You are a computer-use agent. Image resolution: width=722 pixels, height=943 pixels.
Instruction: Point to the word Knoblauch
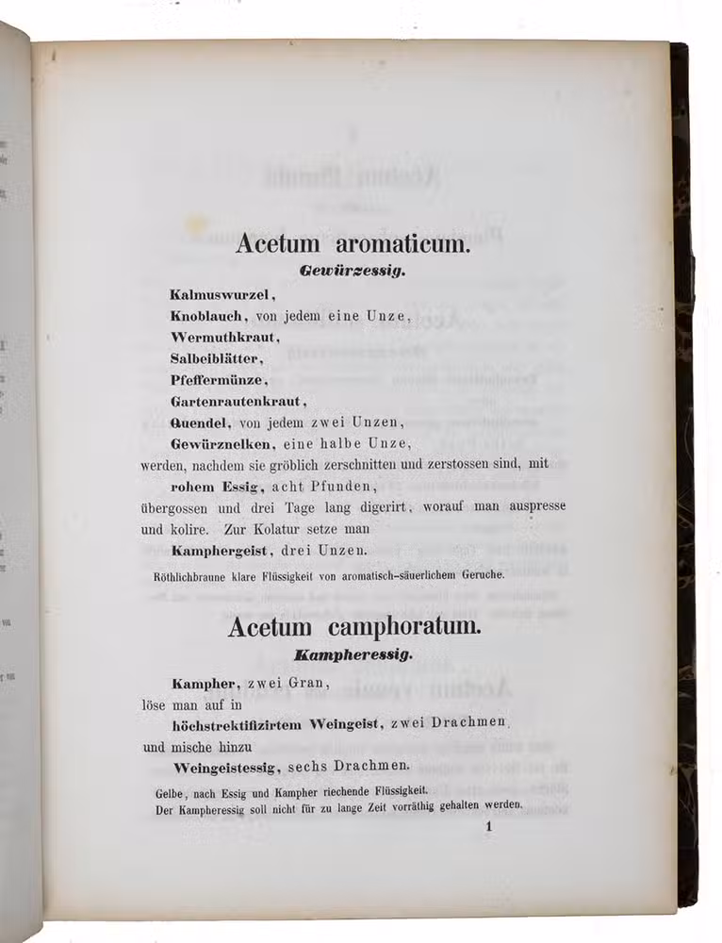click(x=205, y=317)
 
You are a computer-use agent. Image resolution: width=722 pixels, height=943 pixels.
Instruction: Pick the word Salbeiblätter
click(x=216, y=358)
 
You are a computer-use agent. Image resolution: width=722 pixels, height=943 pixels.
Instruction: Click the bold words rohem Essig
click(x=214, y=487)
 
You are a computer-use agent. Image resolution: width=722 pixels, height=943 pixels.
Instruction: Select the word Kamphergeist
click(x=221, y=551)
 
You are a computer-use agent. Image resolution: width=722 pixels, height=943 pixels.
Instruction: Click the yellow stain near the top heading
click(x=195, y=223)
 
